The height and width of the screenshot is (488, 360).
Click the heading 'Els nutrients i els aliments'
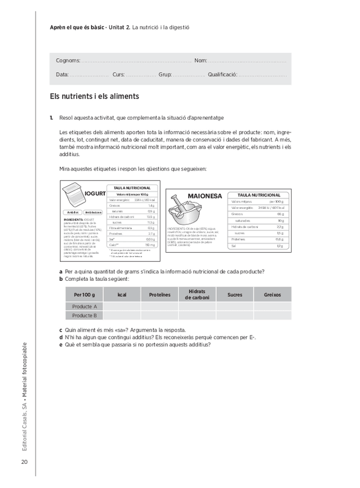point(94,96)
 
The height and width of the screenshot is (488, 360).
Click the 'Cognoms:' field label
point(68,61)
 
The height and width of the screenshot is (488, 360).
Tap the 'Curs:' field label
point(118,75)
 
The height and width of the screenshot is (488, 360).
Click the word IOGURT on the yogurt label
point(95,194)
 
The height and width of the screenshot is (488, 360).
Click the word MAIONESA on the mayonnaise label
point(204,196)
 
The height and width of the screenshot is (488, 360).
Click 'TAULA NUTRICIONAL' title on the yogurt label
point(132,188)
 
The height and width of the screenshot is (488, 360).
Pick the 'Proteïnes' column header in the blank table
point(159,295)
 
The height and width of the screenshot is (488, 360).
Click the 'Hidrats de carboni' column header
point(197,295)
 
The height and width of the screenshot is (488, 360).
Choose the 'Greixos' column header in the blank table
point(273,295)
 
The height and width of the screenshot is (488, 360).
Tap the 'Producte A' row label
point(85,307)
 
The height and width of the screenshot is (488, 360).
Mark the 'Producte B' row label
point(85,315)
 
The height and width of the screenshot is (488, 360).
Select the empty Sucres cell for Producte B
point(235,315)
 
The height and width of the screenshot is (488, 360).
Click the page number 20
point(24,462)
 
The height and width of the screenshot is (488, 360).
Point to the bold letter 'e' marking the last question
point(60,345)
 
